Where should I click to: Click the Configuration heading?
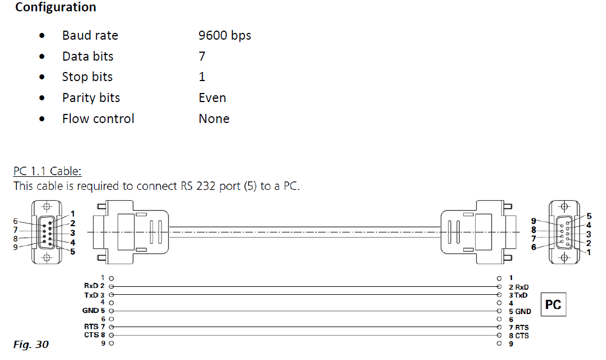click(x=56, y=7)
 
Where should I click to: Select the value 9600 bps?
click(x=224, y=36)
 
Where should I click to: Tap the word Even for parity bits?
click(x=212, y=98)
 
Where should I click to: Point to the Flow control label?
click(x=98, y=118)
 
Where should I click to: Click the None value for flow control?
click(x=214, y=118)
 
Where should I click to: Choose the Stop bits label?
click(x=87, y=77)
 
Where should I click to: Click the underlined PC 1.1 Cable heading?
click(x=48, y=171)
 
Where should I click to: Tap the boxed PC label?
click(x=553, y=304)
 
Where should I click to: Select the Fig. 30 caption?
click(x=31, y=344)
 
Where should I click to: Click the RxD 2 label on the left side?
click(x=94, y=286)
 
